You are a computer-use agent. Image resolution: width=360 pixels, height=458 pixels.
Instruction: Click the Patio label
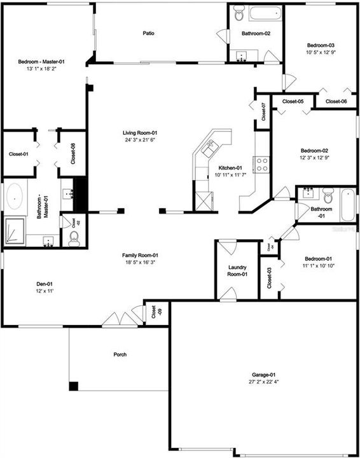click(148, 33)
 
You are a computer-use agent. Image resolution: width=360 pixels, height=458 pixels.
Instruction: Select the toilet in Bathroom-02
click(239, 12)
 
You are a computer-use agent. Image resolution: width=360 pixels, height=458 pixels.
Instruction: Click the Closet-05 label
click(293, 102)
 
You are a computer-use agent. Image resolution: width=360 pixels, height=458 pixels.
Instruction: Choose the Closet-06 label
click(336, 102)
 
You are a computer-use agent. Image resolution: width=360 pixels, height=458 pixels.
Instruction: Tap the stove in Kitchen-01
click(261, 165)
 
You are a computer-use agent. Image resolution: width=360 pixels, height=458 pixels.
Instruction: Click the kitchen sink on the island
click(208, 149)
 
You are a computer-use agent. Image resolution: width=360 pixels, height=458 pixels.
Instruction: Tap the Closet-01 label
click(18, 154)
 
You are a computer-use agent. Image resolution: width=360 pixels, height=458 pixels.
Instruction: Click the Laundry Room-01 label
click(237, 271)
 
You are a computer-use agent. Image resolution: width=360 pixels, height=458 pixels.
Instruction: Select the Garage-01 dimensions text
click(264, 382)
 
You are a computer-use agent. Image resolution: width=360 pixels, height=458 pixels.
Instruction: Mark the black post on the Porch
click(73, 385)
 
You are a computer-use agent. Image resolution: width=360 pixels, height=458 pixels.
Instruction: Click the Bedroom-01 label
click(318, 258)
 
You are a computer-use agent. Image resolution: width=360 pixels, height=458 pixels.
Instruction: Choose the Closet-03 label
click(269, 278)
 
